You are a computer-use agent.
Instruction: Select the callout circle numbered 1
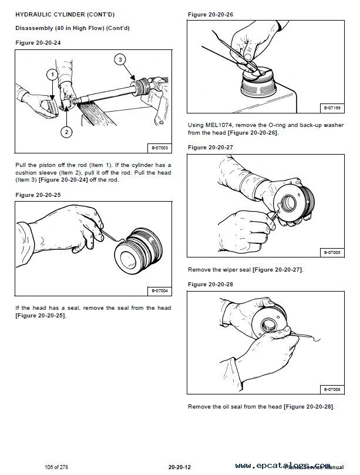tap(52, 75)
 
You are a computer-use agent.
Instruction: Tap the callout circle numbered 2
tap(66, 132)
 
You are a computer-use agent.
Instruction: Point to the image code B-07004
tap(160, 290)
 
